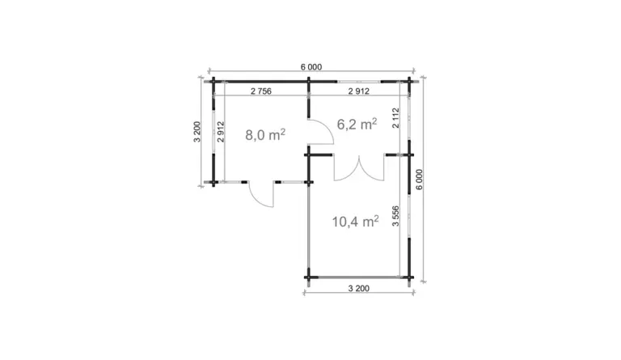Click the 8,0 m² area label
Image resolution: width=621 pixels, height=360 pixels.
pyautogui.click(x=265, y=134)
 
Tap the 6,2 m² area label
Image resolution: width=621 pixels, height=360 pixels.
pyautogui.click(x=357, y=124)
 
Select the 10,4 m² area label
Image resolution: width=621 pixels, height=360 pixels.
pyautogui.click(x=355, y=222)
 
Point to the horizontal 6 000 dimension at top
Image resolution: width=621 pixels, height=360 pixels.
pyautogui.click(x=311, y=67)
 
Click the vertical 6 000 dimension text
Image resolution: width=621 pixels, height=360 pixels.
pyautogui.click(x=420, y=180)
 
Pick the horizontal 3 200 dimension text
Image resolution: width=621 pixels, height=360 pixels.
pyautogui.click(x=359, y=288)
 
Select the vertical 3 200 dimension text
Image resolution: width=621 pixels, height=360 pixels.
pyautogui.click(x=197, y=132)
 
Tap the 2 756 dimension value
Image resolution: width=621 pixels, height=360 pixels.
pyautogui.click(x=261, y=91)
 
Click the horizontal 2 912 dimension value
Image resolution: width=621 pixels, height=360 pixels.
pyautogui.click(x=359, y=91)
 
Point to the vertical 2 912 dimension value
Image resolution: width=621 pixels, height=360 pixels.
pyautogui.click(x=221, y=132)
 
